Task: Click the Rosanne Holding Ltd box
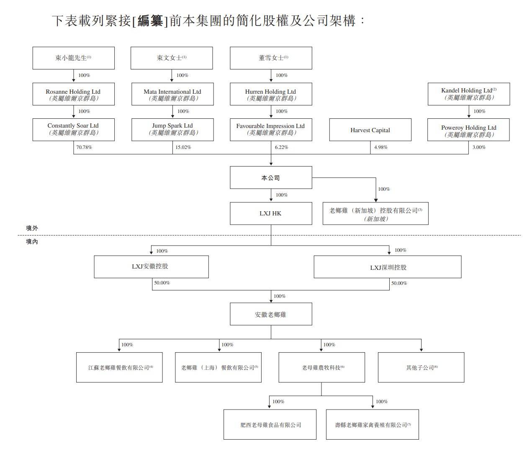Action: [73, 94]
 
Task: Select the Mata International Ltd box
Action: [172, 94]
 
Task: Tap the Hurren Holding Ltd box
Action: [271, 94]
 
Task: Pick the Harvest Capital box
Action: [370, 130]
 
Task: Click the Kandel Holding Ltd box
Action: [468, 94]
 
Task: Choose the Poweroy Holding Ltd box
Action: [468, 130]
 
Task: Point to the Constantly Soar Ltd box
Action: [73, 129]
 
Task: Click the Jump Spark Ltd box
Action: [172, 129]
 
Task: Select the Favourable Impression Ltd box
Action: [271, 129]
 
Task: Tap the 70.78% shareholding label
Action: [84, 147]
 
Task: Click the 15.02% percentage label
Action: [183, 147]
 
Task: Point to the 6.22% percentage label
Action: [281, 147]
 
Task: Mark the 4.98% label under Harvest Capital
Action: [380, 147]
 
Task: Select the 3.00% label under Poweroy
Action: [479, 147]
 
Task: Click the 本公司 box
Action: [271, 178]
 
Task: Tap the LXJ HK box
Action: [271, 213]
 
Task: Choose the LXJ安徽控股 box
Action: [151, 266]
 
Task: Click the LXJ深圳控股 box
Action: [388, 267]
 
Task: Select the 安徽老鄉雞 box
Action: [271, 314]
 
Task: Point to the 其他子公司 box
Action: [421, 367]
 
